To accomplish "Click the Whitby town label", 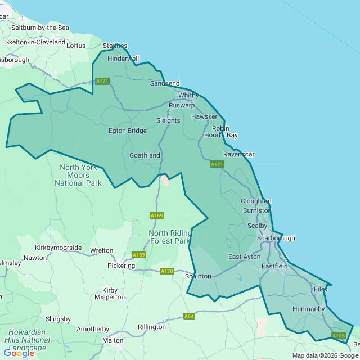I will [188, 95].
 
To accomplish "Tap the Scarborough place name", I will [276, 238].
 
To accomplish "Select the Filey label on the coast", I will [321, 289].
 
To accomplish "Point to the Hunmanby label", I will [309, 309].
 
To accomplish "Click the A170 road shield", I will [167, 271].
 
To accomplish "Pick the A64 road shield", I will [190, 316].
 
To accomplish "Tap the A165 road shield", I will [338, 336].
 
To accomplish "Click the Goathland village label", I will [145, 155].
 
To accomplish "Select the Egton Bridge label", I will [128, 130].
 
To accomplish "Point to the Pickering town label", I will [121, 265].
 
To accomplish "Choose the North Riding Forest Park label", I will [170, 237].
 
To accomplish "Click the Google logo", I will [19, 353].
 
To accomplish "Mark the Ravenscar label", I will [239, 154].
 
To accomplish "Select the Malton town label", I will [113, 340].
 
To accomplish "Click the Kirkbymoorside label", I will [58, 247].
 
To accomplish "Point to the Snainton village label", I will [199, 276].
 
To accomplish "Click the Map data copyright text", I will [325, 355].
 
